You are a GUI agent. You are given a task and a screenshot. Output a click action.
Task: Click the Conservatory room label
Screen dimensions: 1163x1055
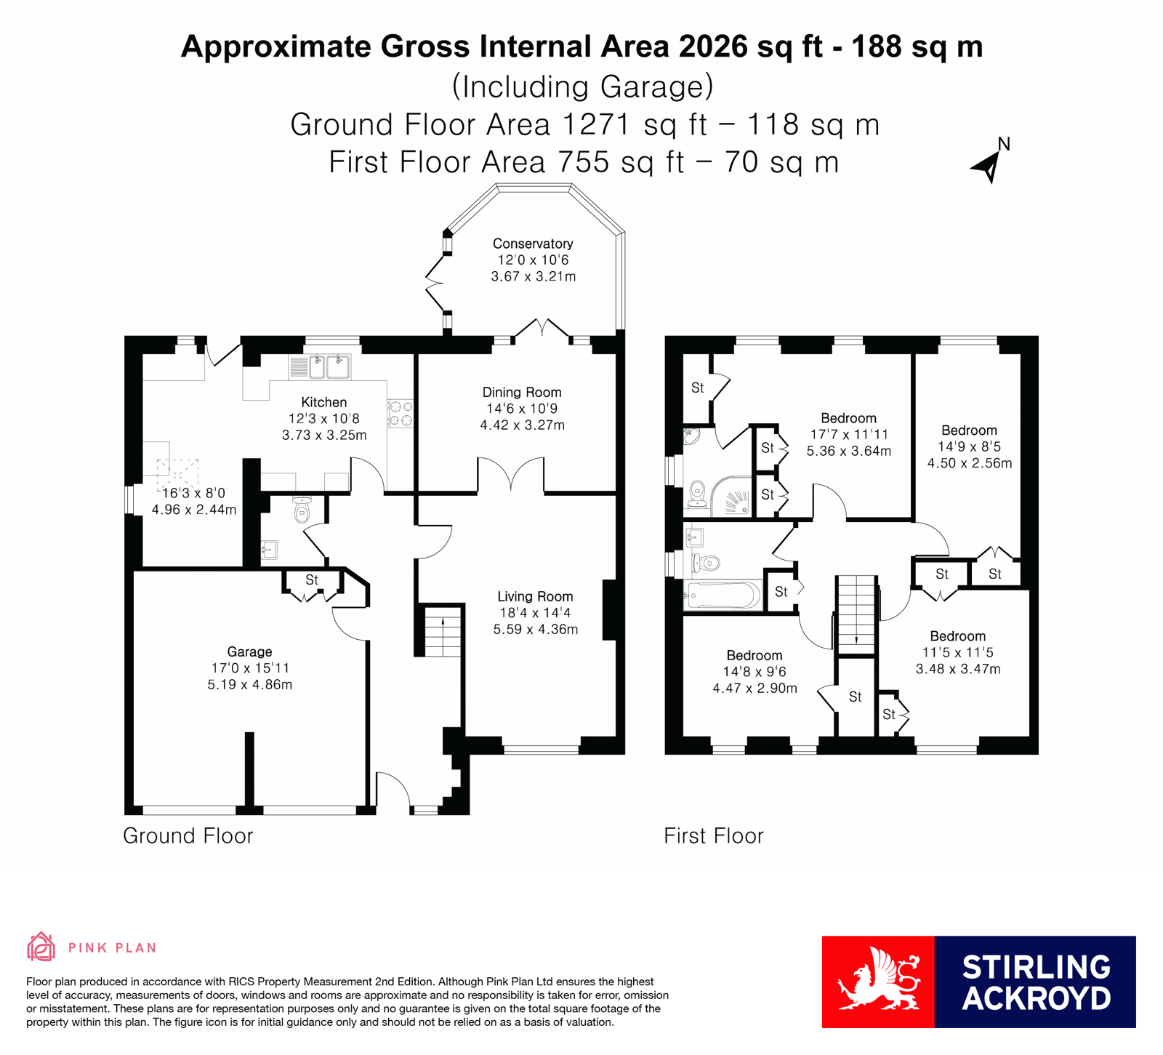(533, 244)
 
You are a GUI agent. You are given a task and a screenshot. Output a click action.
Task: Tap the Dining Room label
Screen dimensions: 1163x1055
(522, 393)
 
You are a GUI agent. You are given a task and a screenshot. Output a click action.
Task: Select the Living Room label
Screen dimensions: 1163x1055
(535, 597)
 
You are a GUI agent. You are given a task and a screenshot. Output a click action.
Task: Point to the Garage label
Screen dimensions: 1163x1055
(249, 652)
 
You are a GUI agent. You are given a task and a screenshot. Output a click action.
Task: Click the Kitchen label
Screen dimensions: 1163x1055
(324, 403)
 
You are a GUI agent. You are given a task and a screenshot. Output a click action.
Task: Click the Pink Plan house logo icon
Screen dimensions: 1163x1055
(41, 947)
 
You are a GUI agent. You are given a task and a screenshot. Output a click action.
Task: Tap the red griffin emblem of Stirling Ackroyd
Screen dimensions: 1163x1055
(878, 981)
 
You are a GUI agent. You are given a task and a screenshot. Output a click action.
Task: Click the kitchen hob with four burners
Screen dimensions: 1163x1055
(401, 414)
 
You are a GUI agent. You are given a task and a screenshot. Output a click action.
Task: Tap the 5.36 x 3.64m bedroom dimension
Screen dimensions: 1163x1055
(848, 451)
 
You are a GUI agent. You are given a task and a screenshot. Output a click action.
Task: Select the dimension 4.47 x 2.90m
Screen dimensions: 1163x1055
(754, 689)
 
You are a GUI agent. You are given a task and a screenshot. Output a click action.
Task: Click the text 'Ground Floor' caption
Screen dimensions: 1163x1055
(188, 836)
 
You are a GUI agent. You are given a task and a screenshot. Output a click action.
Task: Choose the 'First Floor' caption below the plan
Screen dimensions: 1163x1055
(714, 836)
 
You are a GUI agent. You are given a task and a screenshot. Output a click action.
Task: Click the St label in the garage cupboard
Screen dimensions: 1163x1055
(312, 580)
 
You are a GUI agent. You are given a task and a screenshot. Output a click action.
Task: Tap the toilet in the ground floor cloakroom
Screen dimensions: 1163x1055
(302, 510)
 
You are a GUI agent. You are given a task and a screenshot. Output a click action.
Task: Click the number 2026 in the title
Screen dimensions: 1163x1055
(712, 47)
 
